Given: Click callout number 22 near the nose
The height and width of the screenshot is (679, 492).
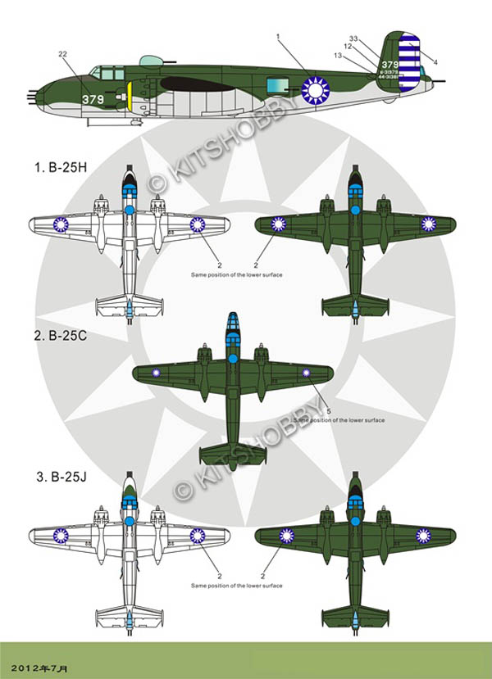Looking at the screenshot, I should [63, 54].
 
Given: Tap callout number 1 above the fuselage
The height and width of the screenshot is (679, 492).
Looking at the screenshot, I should [278, 38].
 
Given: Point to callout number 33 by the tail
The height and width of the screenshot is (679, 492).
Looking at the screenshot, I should [353, 38].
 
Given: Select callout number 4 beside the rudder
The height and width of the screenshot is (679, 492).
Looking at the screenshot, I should [435, 62].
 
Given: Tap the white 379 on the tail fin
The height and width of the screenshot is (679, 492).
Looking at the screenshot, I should [390, 65].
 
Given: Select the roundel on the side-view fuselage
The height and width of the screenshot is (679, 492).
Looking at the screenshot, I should [313, 88].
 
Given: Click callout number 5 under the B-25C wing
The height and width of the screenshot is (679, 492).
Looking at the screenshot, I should [328, 410].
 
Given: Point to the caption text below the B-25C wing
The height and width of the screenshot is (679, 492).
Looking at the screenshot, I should [338, 420].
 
